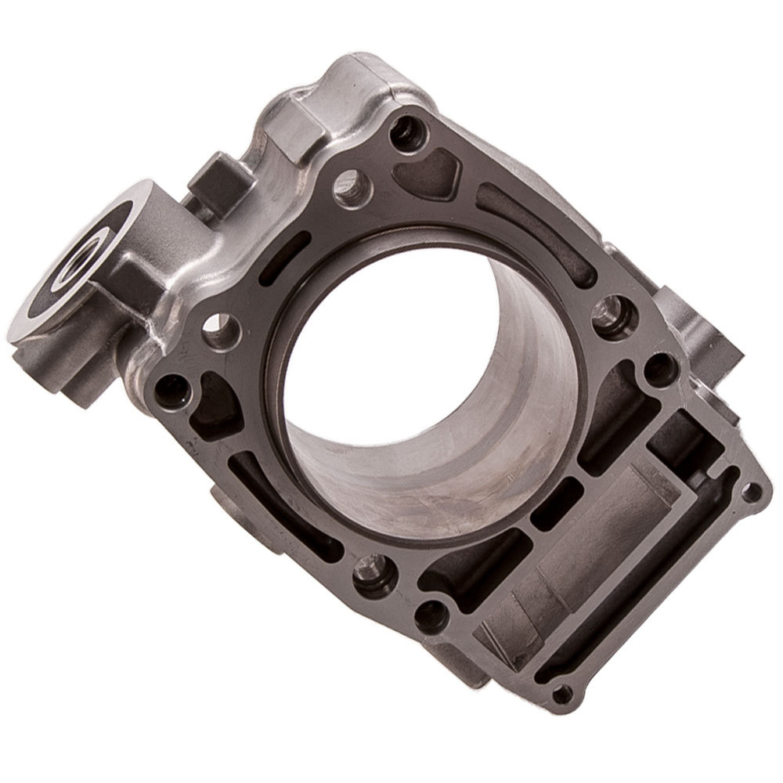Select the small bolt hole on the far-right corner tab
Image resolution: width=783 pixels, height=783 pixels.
pyautogui.click(x=750, y=492)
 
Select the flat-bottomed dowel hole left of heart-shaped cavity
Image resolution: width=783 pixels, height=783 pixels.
pyautogui.click(x=350, y=186)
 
